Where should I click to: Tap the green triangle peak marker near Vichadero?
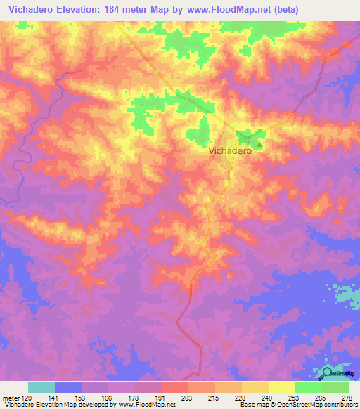259,145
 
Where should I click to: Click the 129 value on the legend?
27,398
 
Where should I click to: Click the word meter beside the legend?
11,398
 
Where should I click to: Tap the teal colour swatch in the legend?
41,387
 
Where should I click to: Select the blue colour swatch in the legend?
68,387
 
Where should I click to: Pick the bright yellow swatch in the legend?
281,387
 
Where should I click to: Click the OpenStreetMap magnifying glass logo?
328,373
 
